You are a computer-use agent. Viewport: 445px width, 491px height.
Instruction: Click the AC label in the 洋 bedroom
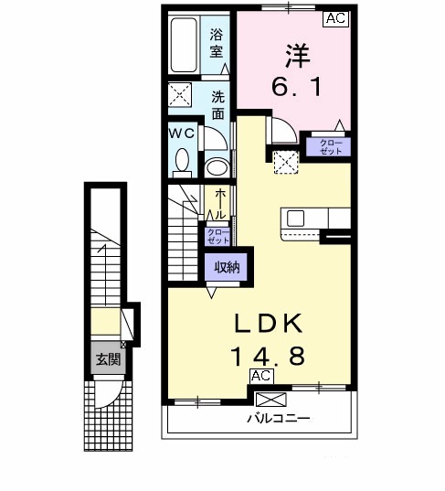(x=334, y=17)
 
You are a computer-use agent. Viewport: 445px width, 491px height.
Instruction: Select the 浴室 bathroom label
(x=217, y=44)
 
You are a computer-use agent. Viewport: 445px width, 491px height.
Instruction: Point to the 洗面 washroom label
(x=218, y=104)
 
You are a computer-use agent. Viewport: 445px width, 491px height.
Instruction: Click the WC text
(x=181, y=132)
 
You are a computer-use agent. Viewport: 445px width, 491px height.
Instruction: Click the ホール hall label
(x=219, y=203)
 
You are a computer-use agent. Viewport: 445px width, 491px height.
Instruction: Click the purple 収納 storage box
(x=227, y=268)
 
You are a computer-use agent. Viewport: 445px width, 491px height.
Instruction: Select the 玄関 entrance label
(x=108, y=359)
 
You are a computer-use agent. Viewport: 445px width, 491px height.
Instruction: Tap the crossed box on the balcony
(x=270, y=399)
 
